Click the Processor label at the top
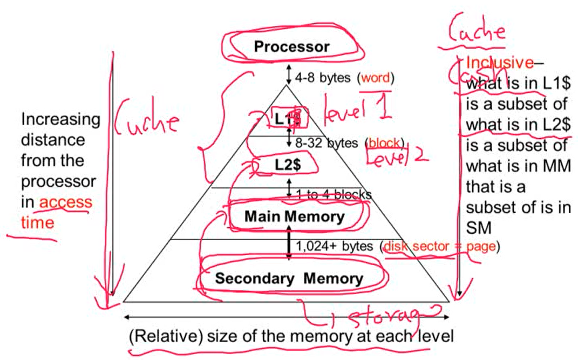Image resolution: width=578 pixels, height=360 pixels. coord(291,47)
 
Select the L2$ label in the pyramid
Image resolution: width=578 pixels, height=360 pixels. coord(287,166)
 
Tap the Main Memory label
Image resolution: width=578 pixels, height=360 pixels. coord(294,217)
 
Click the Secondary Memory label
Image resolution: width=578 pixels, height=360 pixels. coord(289,279)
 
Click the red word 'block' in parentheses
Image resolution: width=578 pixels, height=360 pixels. coord(384,143)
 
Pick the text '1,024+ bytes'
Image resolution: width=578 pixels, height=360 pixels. coord(334,246)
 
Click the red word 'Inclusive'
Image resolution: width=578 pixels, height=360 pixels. coord(500,63)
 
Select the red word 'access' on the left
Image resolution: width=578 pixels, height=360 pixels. coord(66,202)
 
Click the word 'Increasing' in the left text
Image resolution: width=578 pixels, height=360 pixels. coord(60,119)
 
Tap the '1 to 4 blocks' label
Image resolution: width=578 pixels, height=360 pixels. coord(333,194)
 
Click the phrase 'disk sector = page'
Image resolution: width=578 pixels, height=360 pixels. coord(439,246)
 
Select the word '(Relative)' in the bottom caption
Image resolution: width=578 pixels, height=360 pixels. coord(165,336)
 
